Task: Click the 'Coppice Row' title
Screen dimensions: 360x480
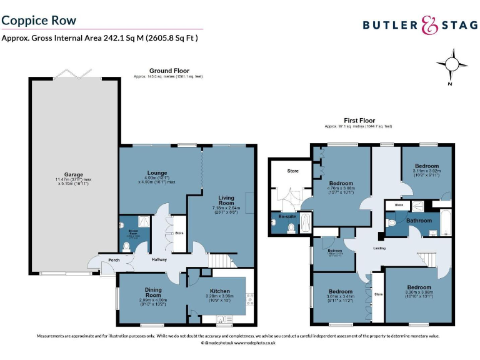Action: (39, 20)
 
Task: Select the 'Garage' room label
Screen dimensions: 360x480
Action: (74, 174)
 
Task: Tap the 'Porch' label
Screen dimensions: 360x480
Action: (114, 260)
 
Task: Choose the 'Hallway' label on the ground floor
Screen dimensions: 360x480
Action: (159, 260)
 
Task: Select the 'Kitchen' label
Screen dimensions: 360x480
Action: (220, 291)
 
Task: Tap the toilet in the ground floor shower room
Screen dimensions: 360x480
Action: (126, 246)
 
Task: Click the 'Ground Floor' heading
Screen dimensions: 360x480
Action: (169, 71)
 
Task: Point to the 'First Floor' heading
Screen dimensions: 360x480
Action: (359, 120)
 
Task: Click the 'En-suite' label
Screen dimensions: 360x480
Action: (287, 216)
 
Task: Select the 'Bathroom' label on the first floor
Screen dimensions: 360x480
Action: (419, 221)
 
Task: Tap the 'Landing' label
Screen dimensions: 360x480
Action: (379, 248)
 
